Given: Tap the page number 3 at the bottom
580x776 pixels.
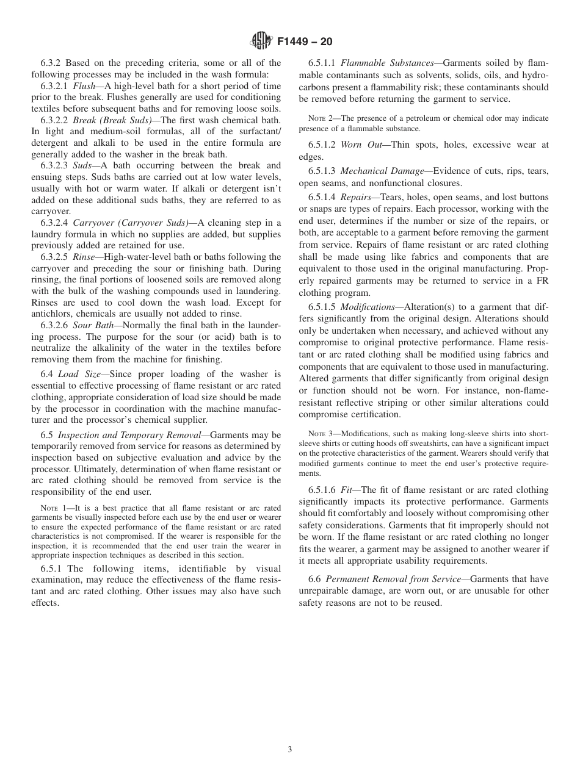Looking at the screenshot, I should [x=290, y=750].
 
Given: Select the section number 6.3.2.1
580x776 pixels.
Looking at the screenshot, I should [x=56, y=87].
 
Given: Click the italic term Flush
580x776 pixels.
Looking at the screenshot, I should [x=85, y=87].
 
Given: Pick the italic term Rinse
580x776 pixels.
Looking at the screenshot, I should [x=84, y=257].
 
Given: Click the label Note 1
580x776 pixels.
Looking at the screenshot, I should [x=51, y=508].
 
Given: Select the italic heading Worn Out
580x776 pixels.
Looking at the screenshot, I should [x=361, y=145].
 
